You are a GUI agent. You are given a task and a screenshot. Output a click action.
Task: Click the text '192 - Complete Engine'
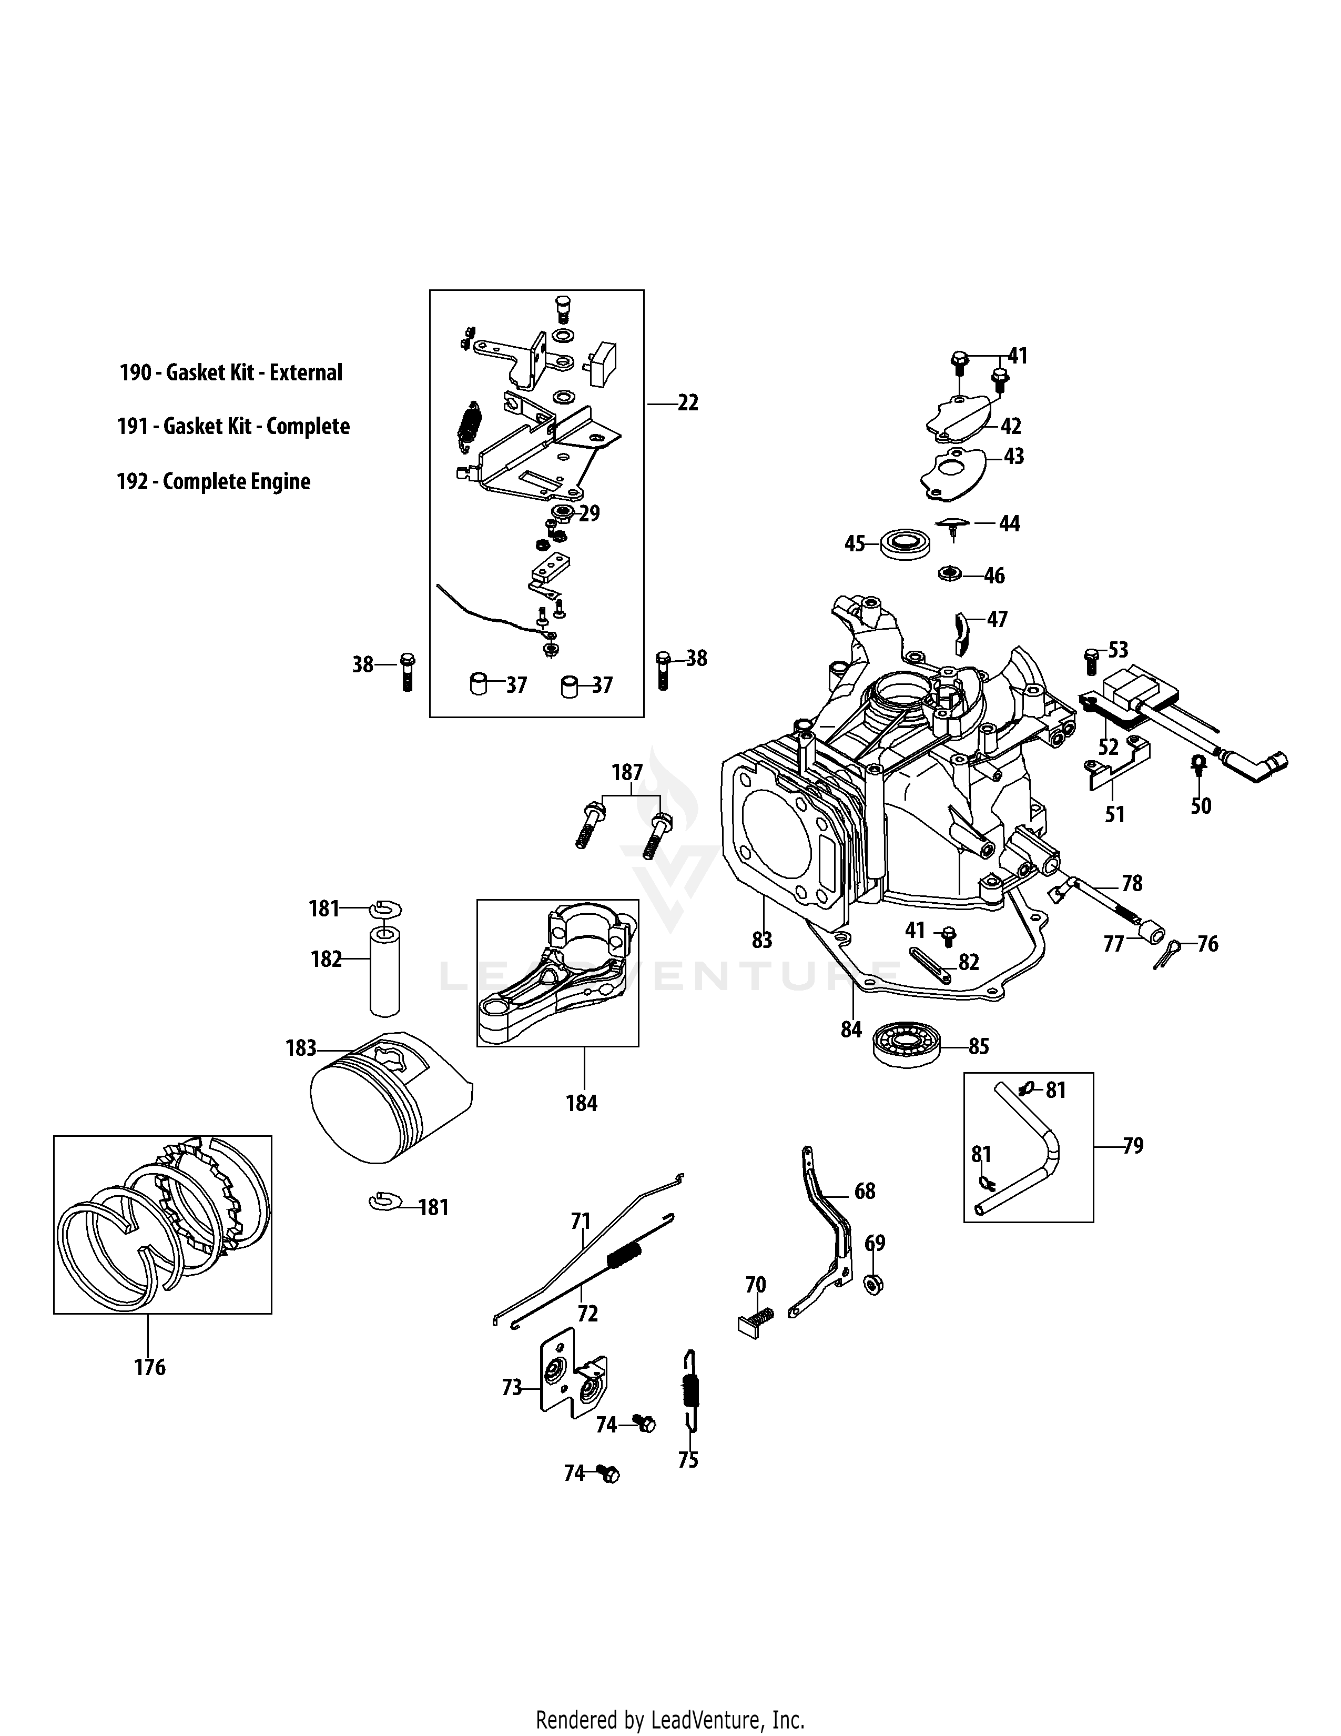tap(213, 482)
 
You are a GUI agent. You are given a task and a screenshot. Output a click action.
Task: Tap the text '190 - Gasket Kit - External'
tap(230, 373)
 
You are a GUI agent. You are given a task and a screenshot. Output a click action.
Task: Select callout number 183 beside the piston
tap(301, 1048)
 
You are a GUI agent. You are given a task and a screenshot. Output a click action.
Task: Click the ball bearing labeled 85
tap(907, 1045)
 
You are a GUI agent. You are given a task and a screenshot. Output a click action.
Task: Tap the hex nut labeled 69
tap(871, 1285)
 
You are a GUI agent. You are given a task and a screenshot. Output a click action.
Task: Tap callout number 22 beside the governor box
tap(687, 403)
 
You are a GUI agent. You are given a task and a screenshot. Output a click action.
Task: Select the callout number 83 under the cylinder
tap(761, 941)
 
